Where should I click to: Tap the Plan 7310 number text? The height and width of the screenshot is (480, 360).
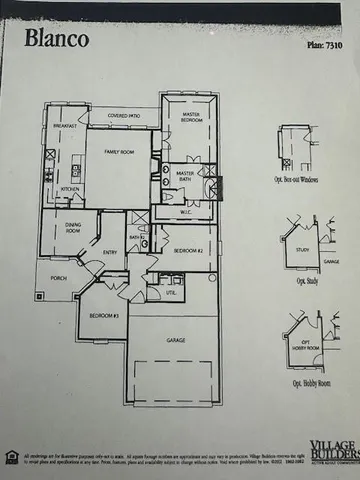319,46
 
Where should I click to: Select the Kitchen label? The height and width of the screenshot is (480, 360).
70,188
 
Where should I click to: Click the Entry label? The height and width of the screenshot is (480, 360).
110,253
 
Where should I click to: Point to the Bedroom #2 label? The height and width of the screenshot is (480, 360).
188,251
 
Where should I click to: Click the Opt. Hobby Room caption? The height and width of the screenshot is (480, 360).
307,383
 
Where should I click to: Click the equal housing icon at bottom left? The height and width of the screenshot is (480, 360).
13,457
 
